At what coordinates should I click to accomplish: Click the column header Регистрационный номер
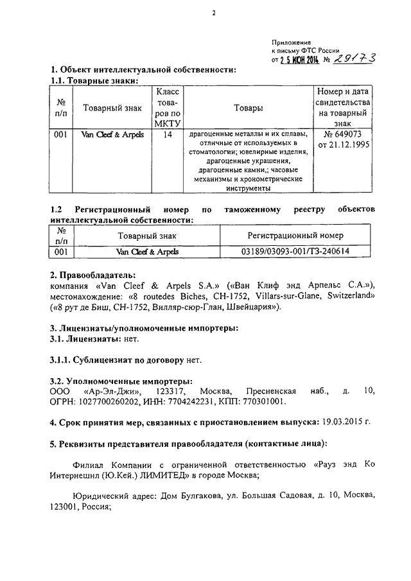tap(295, 236)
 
